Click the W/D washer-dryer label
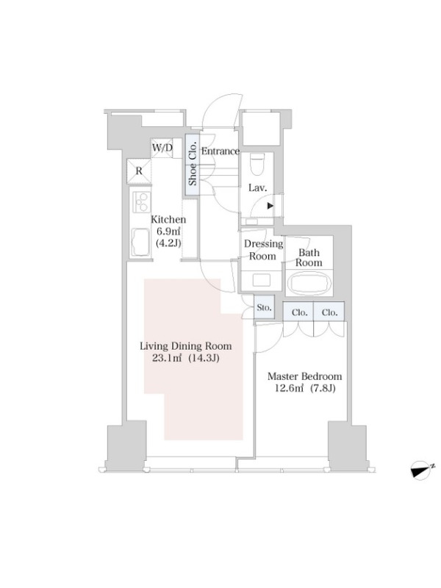point(162,148)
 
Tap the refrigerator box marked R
point(139,171)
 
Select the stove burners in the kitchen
point(142,202)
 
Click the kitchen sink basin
point(140,241)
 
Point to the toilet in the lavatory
point(257,164)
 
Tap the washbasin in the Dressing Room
point(261,280)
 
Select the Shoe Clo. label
point(193,164)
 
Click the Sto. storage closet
point(265,307)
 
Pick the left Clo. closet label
point(299,312)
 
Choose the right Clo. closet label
point(329,312)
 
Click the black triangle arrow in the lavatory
point(270,206)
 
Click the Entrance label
point(220,151)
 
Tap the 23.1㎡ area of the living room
point(167,358)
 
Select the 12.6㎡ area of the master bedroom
point(289,388)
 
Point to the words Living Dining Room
point(186,346)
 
